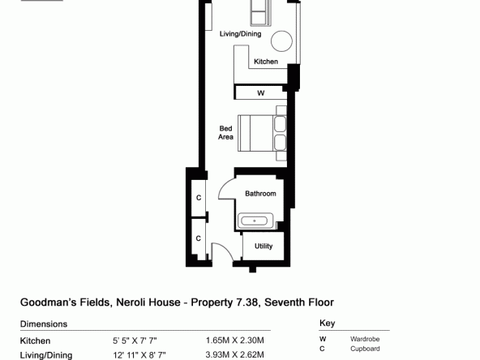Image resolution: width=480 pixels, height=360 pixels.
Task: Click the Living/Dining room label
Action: pos(240,34)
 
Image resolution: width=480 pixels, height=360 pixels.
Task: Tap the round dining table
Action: pos(281,41)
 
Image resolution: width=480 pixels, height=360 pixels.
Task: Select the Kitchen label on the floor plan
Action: pos(266,62)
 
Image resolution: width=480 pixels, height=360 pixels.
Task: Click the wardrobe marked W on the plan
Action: pos(261,92)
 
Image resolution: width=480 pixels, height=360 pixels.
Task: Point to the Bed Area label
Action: pos(225,132)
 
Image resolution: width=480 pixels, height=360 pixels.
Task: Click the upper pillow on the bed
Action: pos(280,124)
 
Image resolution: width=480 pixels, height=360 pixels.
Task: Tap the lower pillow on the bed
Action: pos(280,143)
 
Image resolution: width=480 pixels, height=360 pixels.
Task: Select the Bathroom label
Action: pos(260,194)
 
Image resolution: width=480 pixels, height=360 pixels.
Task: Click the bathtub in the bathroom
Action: pos(255,221)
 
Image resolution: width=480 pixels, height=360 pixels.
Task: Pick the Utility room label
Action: pos(264,246)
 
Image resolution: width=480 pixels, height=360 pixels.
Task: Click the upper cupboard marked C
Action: pos(199,198)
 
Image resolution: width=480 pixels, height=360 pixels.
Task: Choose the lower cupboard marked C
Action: pos(199,238)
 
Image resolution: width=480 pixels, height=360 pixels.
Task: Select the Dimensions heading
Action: pos(44,324)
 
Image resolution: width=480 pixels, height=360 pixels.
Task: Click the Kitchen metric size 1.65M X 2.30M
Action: pos(235,340)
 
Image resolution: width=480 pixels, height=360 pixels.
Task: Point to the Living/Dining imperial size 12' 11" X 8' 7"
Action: pos(139,355)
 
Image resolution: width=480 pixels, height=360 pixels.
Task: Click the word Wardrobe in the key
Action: pos(365,339)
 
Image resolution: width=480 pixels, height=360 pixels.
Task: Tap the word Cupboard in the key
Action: pos(365,349)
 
